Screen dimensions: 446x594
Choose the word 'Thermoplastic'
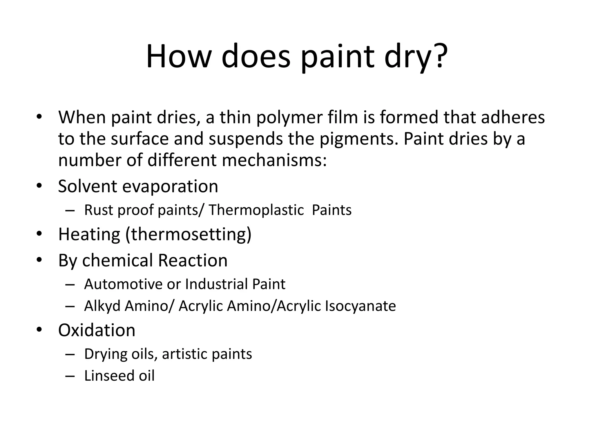(x=256, y=210)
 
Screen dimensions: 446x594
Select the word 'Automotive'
(x=123, y=284)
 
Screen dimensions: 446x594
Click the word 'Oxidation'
(x=97, y=330)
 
